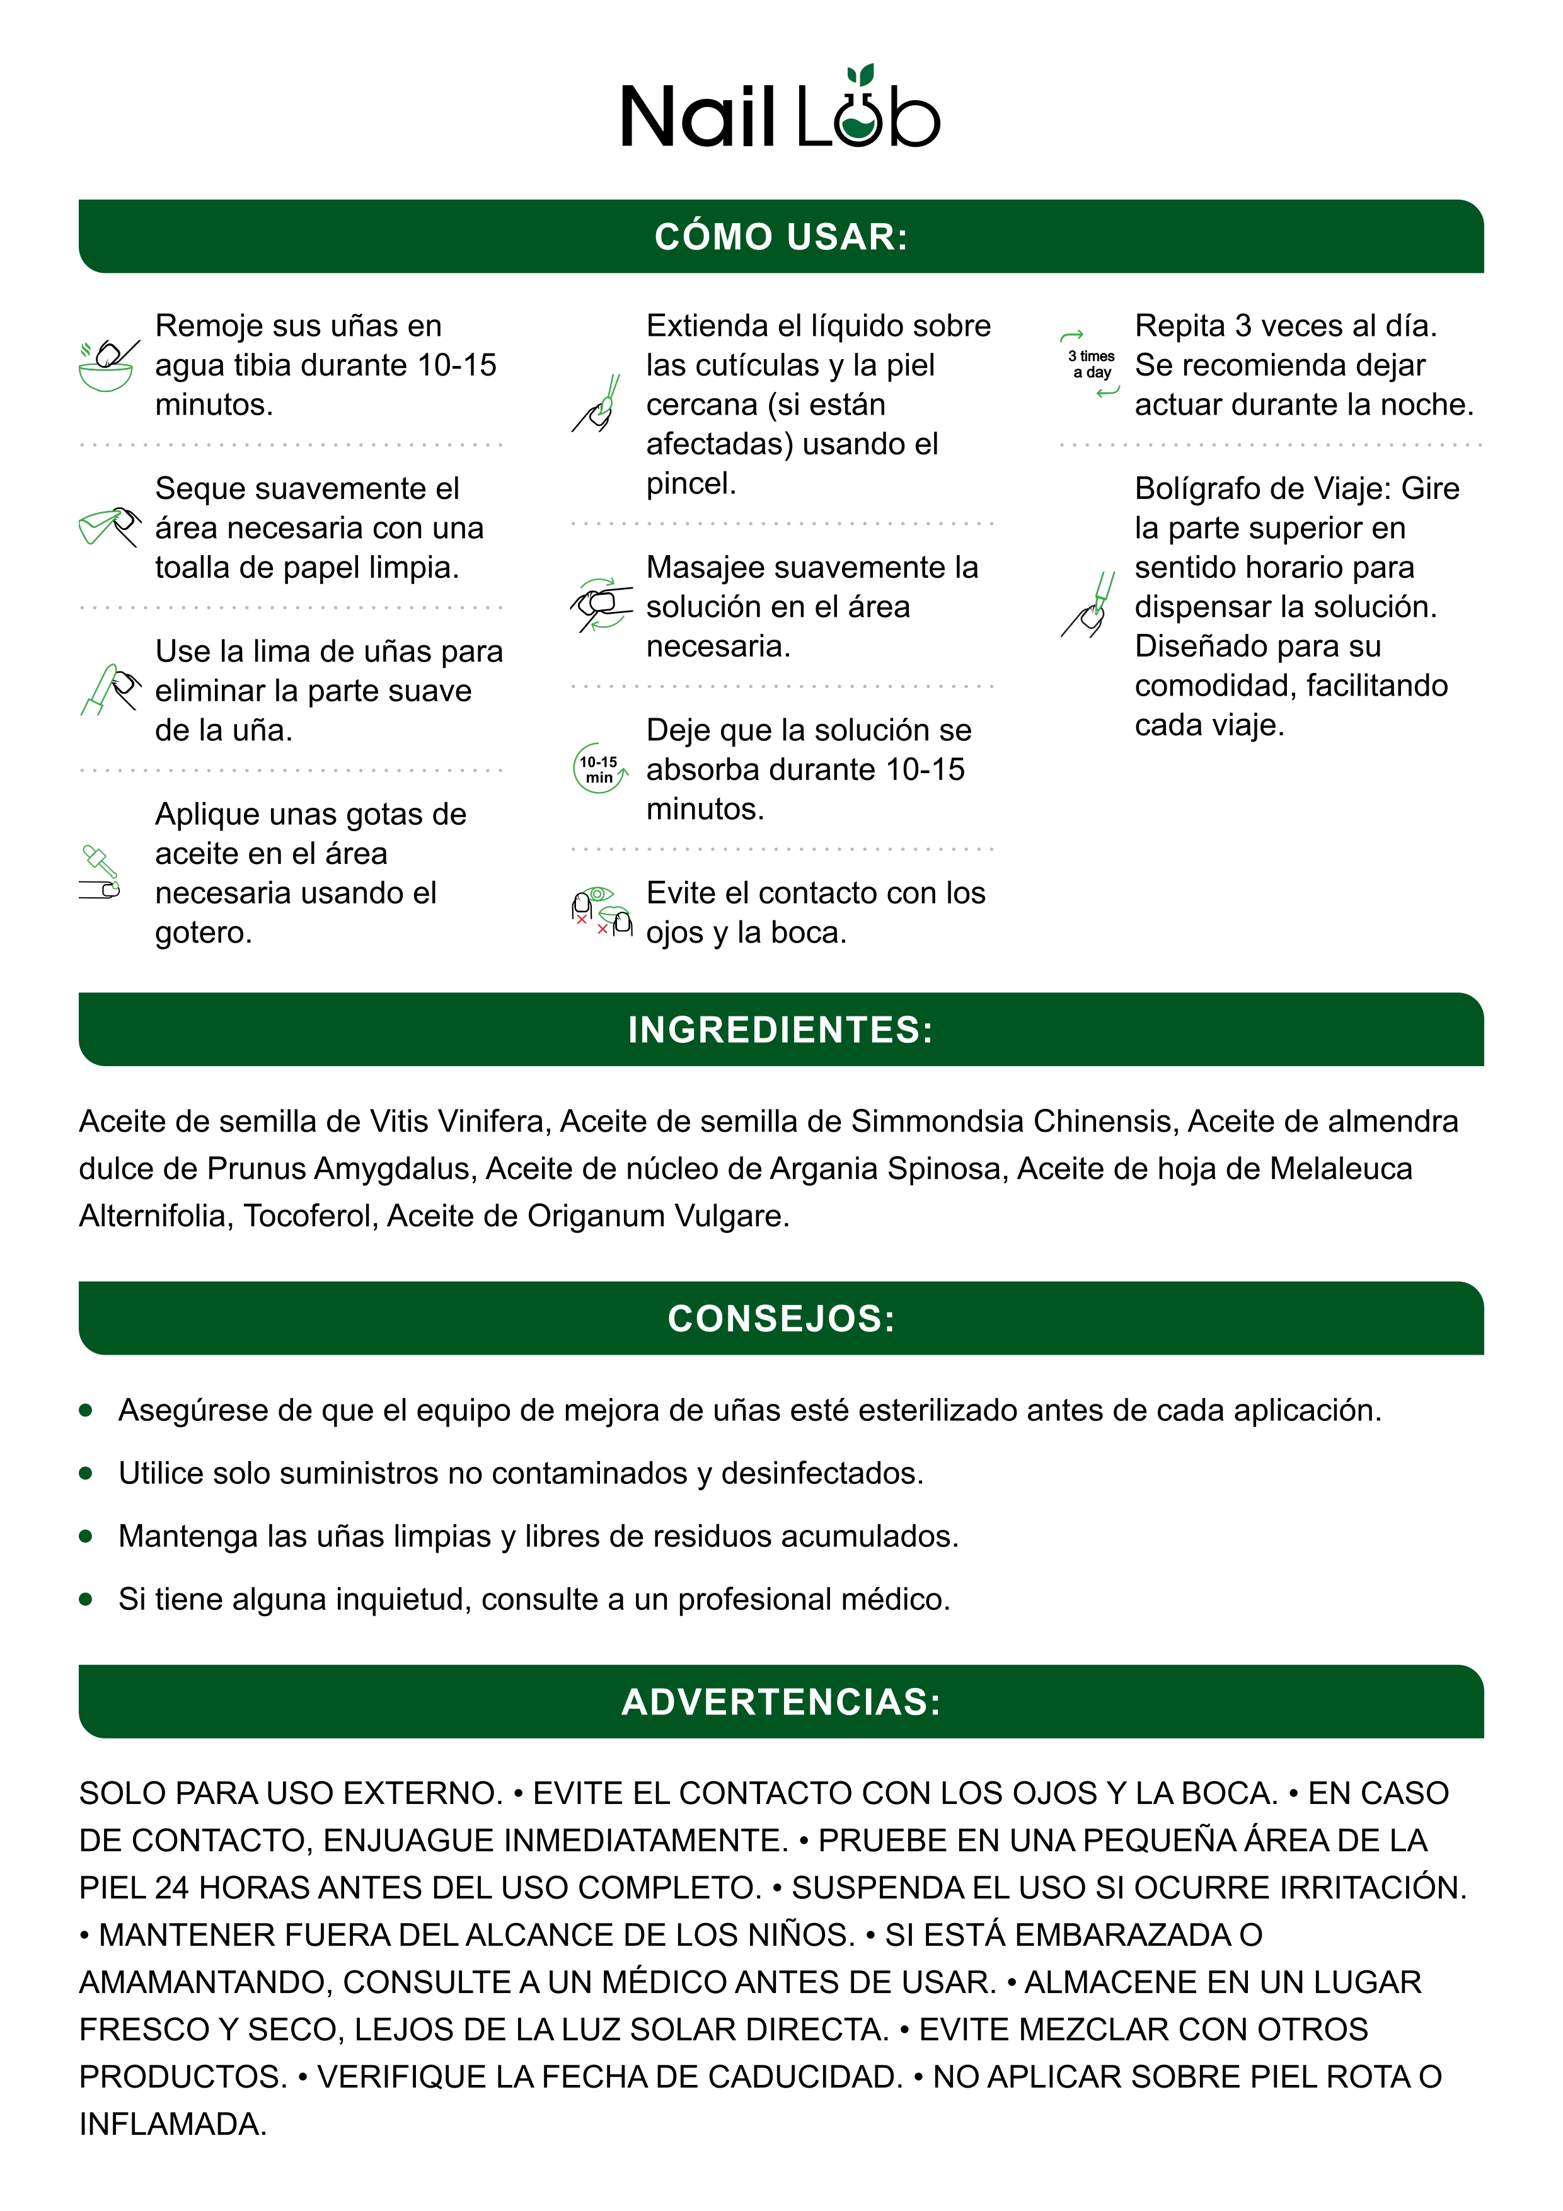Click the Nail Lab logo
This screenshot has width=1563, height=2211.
click(780, 111)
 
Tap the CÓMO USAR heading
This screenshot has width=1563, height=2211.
click(781, 237)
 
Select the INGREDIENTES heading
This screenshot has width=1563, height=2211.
click(781, 1030)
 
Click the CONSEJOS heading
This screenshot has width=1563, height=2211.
click(781, 1318)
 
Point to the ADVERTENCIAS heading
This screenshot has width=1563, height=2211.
click(781, 1702)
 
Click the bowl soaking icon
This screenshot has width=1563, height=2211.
click(108, 366)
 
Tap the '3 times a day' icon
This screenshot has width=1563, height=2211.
click(1090, 364)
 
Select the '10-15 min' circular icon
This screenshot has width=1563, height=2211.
click(599, 769)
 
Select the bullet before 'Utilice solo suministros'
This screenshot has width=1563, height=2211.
click(86, 1473)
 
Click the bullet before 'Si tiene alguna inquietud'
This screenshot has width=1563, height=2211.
click(86, 1600)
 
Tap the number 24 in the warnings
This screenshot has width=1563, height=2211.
click(171, 1887)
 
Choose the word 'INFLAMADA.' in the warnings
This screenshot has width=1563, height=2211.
click(173, 2123)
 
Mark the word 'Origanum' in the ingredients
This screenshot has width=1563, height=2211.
click(595, 1216)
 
